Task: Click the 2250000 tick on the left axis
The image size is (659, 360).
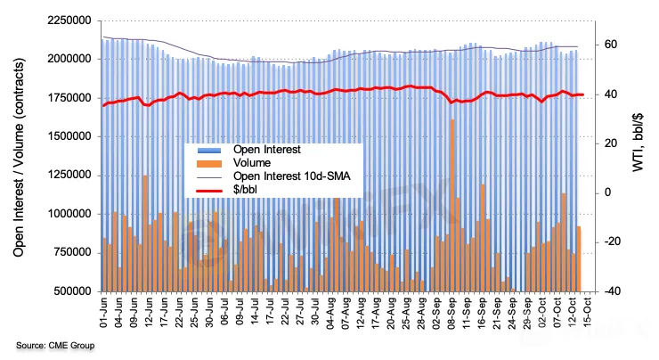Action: pos(69,20)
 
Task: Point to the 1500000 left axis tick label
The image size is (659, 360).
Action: pos(69,136)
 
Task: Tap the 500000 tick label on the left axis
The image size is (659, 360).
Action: pos(72,291)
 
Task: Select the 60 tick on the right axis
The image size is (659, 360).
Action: pos(611,45)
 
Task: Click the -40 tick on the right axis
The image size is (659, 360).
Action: pos(612,291)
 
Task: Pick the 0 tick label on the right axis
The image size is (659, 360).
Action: pos(607,192)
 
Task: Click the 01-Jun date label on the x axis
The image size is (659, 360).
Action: pos(104,313)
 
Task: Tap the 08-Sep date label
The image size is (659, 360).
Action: pos(452,313)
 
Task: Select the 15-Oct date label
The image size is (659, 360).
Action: pos(587,312)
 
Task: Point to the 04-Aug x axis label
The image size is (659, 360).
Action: pos(330,313)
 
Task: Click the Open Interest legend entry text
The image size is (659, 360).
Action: pos(267,150)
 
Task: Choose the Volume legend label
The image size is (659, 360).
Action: pos(252,163)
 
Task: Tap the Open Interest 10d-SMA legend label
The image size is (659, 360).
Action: pos(292,176)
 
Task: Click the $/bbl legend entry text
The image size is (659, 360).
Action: pos(245,190)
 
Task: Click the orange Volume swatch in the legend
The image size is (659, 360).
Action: pos(209,164)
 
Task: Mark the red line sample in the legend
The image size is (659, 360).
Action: pos(209,191)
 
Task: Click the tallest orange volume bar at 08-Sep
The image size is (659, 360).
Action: pos(452,205)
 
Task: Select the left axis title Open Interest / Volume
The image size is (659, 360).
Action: pos(18,158)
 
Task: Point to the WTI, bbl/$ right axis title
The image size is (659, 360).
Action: pos(638,143)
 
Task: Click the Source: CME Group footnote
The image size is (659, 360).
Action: pos(55,346)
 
